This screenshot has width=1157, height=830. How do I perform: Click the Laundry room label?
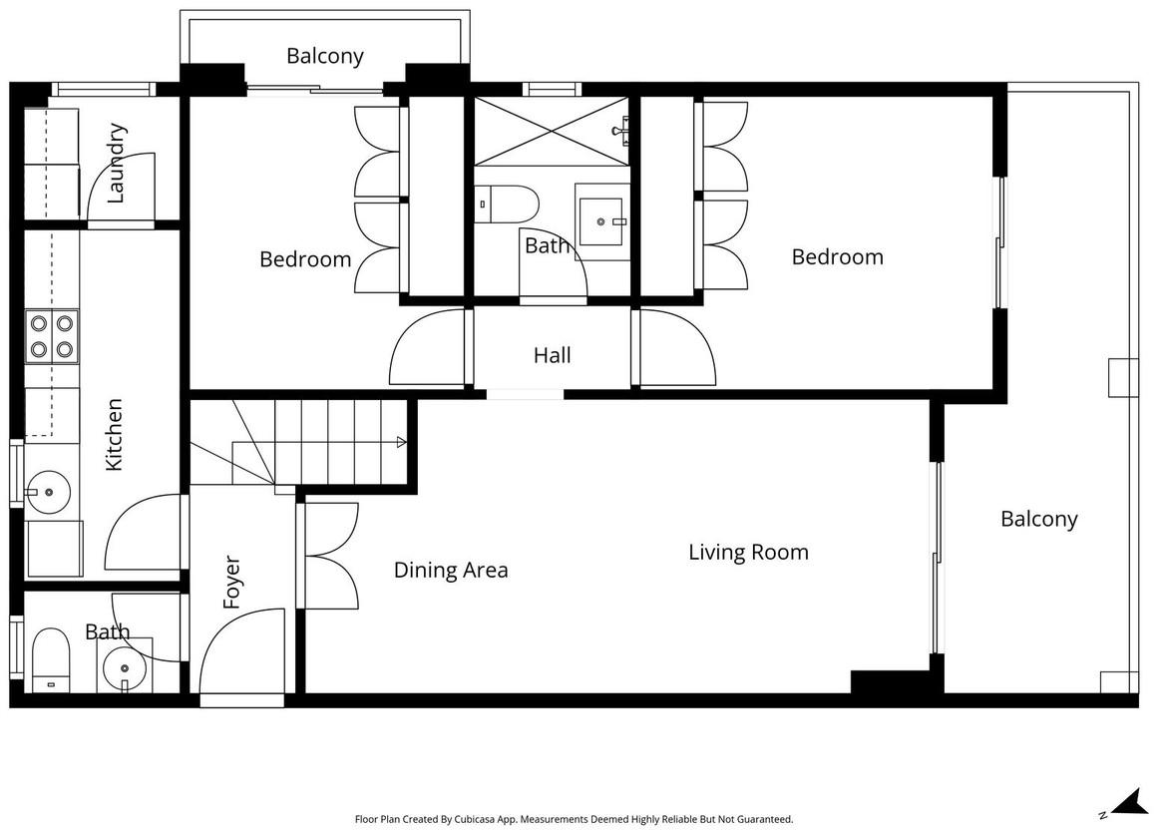click(x=117, y=163)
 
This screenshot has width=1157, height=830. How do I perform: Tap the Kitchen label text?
click(x=114, y=435)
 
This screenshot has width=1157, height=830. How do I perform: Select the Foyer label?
click(x=231, y=583)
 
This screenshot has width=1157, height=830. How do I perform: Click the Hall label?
click(x=552, y=355)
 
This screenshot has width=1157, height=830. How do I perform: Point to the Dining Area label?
click(x=451, y=571)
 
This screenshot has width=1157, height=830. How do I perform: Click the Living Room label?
click(x=748, y=553)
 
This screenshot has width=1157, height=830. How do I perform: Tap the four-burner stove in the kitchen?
click(x=52, y=336)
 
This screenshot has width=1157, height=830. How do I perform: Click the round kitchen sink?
click(x=48, y=492)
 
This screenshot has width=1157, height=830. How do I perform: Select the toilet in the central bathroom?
click(x=507, y=204)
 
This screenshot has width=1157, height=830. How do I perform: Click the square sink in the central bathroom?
click(x=601, y=220)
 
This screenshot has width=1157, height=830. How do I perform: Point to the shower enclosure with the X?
click(x=552, y=131)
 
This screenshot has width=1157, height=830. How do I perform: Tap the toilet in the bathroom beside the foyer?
click(x=50, y=660)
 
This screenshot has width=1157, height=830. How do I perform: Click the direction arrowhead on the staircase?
click(x=401, y=443)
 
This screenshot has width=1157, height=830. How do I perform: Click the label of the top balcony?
click(x=325, y=56)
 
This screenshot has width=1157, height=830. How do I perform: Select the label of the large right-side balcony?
click(x=1039, y=519)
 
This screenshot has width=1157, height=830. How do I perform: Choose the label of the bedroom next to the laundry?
click(x=305, y=259)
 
